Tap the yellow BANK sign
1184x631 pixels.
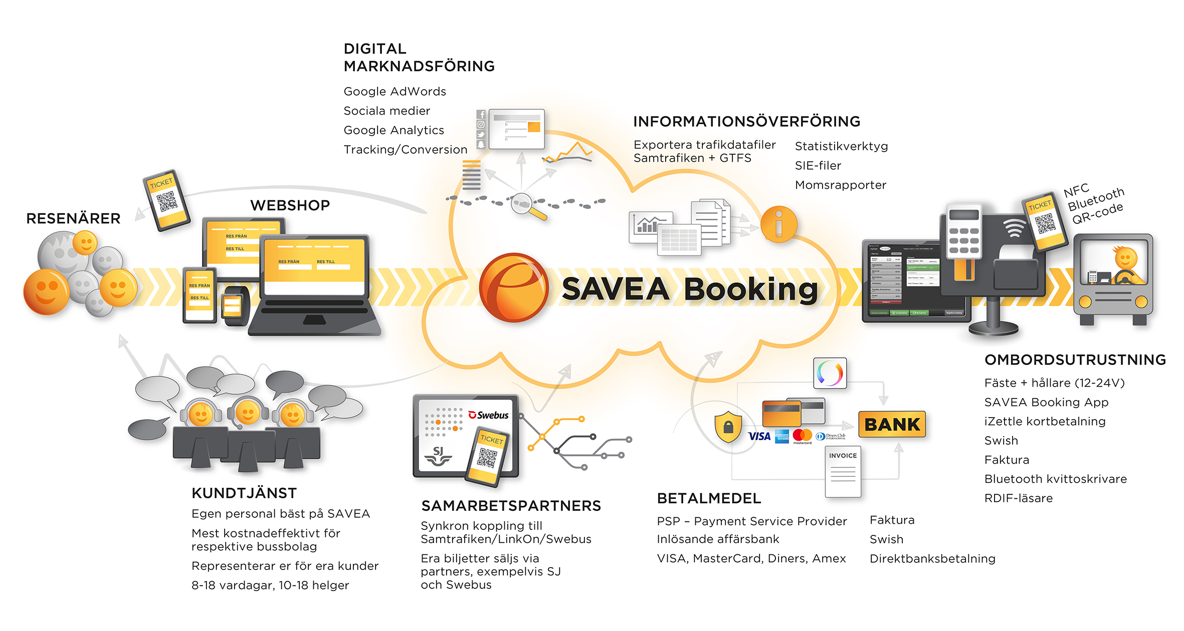[892, 424]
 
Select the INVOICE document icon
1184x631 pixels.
[843, 471]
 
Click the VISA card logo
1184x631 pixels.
[759, 436]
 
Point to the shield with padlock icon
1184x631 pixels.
[728, 427]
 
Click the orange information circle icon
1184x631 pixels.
[778, 224]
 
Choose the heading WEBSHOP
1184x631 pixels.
[290, 205]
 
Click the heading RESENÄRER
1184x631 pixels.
[73, 218]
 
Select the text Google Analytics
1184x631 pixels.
[393, 130]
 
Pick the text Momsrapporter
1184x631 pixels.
[840, 185]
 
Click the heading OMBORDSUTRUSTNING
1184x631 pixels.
[1075, 360]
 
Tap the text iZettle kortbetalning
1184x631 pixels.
[1045, 421]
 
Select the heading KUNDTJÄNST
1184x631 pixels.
[244, 493]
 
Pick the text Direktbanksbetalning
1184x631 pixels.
[932, 558]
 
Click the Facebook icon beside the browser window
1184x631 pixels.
[481, 115]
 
